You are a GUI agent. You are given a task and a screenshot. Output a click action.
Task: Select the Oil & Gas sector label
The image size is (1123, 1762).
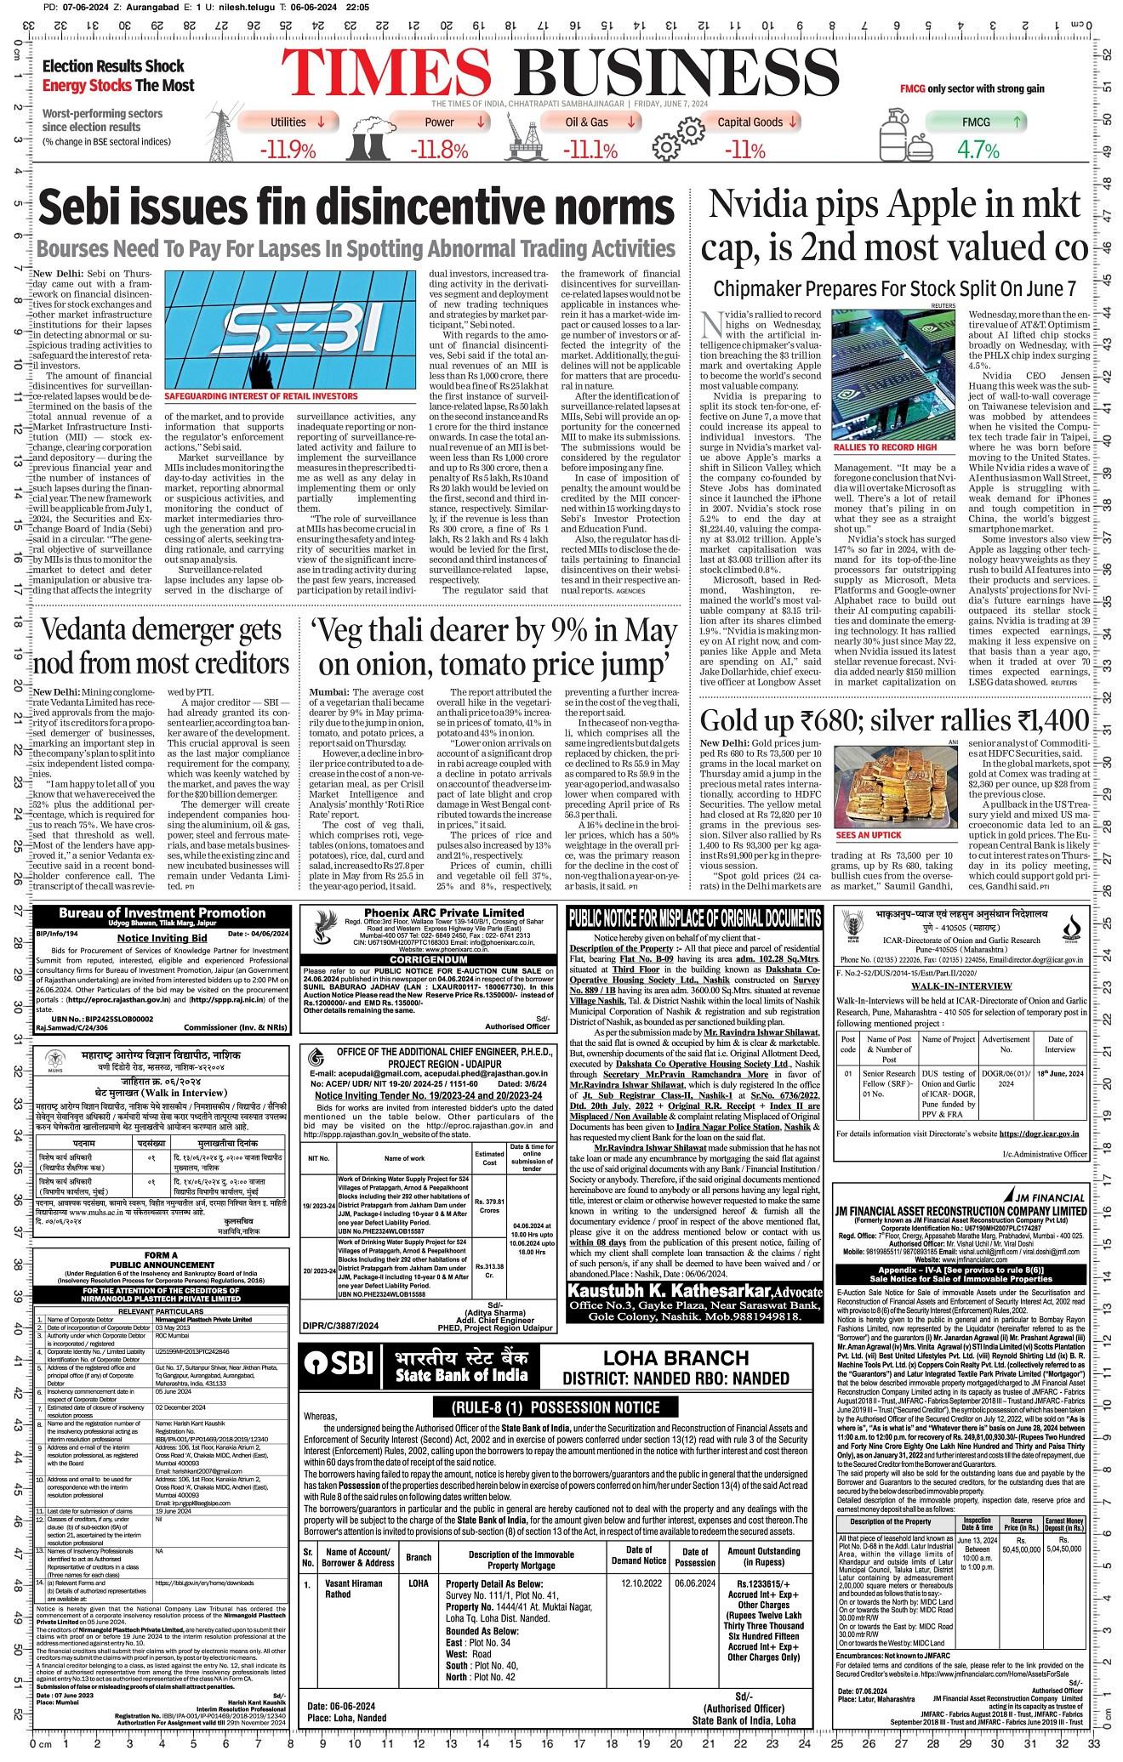tap(587, 122)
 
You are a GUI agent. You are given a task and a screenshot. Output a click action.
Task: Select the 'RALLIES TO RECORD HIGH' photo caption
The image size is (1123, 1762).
tap(885, 446)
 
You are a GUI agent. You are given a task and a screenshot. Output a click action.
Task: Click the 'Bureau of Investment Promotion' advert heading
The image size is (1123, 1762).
tap(162, 913)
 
